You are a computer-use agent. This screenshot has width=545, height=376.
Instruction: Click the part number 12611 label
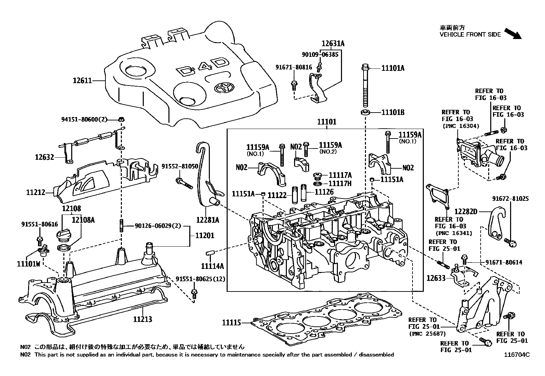(x=82, y=81)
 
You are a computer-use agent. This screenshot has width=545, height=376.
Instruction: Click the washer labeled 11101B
(x=366, y=112)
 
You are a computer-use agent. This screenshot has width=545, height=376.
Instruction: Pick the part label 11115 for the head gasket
(x=231, y=322)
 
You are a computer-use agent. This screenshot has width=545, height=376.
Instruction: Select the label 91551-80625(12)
(x=201, y=279)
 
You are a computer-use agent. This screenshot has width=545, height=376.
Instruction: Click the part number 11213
(x=142, y=319)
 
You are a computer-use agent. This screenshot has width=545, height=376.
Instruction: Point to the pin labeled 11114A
(x=210, y=253)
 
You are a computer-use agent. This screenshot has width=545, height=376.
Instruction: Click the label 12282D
(x=466, y=212)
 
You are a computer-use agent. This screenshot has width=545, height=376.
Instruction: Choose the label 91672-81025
(x=510, y=198)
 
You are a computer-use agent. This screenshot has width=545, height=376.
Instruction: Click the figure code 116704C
(x=517, y=355)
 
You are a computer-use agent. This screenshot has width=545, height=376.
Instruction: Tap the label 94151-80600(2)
(x=84, y=119)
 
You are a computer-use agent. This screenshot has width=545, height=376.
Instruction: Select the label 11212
(x=36, y=193)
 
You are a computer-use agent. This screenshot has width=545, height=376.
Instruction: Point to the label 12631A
(x=333, y=43)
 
